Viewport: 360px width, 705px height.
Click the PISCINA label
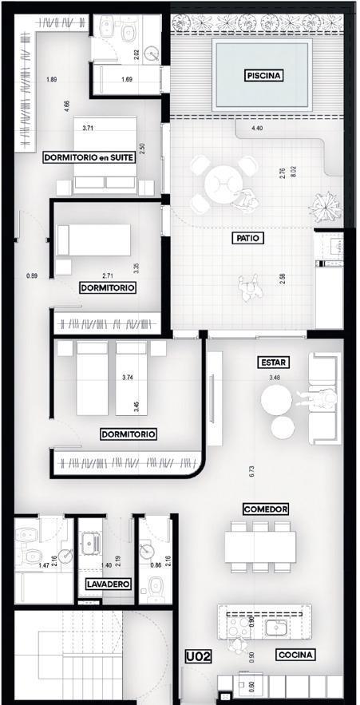[x=264, y=76]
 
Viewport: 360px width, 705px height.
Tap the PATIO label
[x=248, y=238]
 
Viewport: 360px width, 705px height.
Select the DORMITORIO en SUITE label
[x=89, y=157]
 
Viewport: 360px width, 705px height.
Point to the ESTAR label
[x=274, y=362]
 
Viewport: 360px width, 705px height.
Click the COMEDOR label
[x=266, y=509]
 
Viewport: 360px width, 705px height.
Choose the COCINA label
[x=295, y=655]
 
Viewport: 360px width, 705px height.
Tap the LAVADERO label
[x=109, y=584]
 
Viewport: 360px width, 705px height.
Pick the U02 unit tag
[x=198, y=656]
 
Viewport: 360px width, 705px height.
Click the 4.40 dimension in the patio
[x=256, y=128]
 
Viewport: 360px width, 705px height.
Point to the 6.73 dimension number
[x=251, y=471]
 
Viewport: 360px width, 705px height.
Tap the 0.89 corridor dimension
[x=31, y=276]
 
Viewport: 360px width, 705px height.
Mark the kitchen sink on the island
[x=276, y=628]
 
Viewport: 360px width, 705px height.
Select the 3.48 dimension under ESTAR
[x=275, y=378]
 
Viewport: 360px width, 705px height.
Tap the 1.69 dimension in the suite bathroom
[x=127, y=80]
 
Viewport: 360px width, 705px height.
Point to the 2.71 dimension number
[x=108, y=275]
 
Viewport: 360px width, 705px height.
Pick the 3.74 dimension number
[x=129, y=378]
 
